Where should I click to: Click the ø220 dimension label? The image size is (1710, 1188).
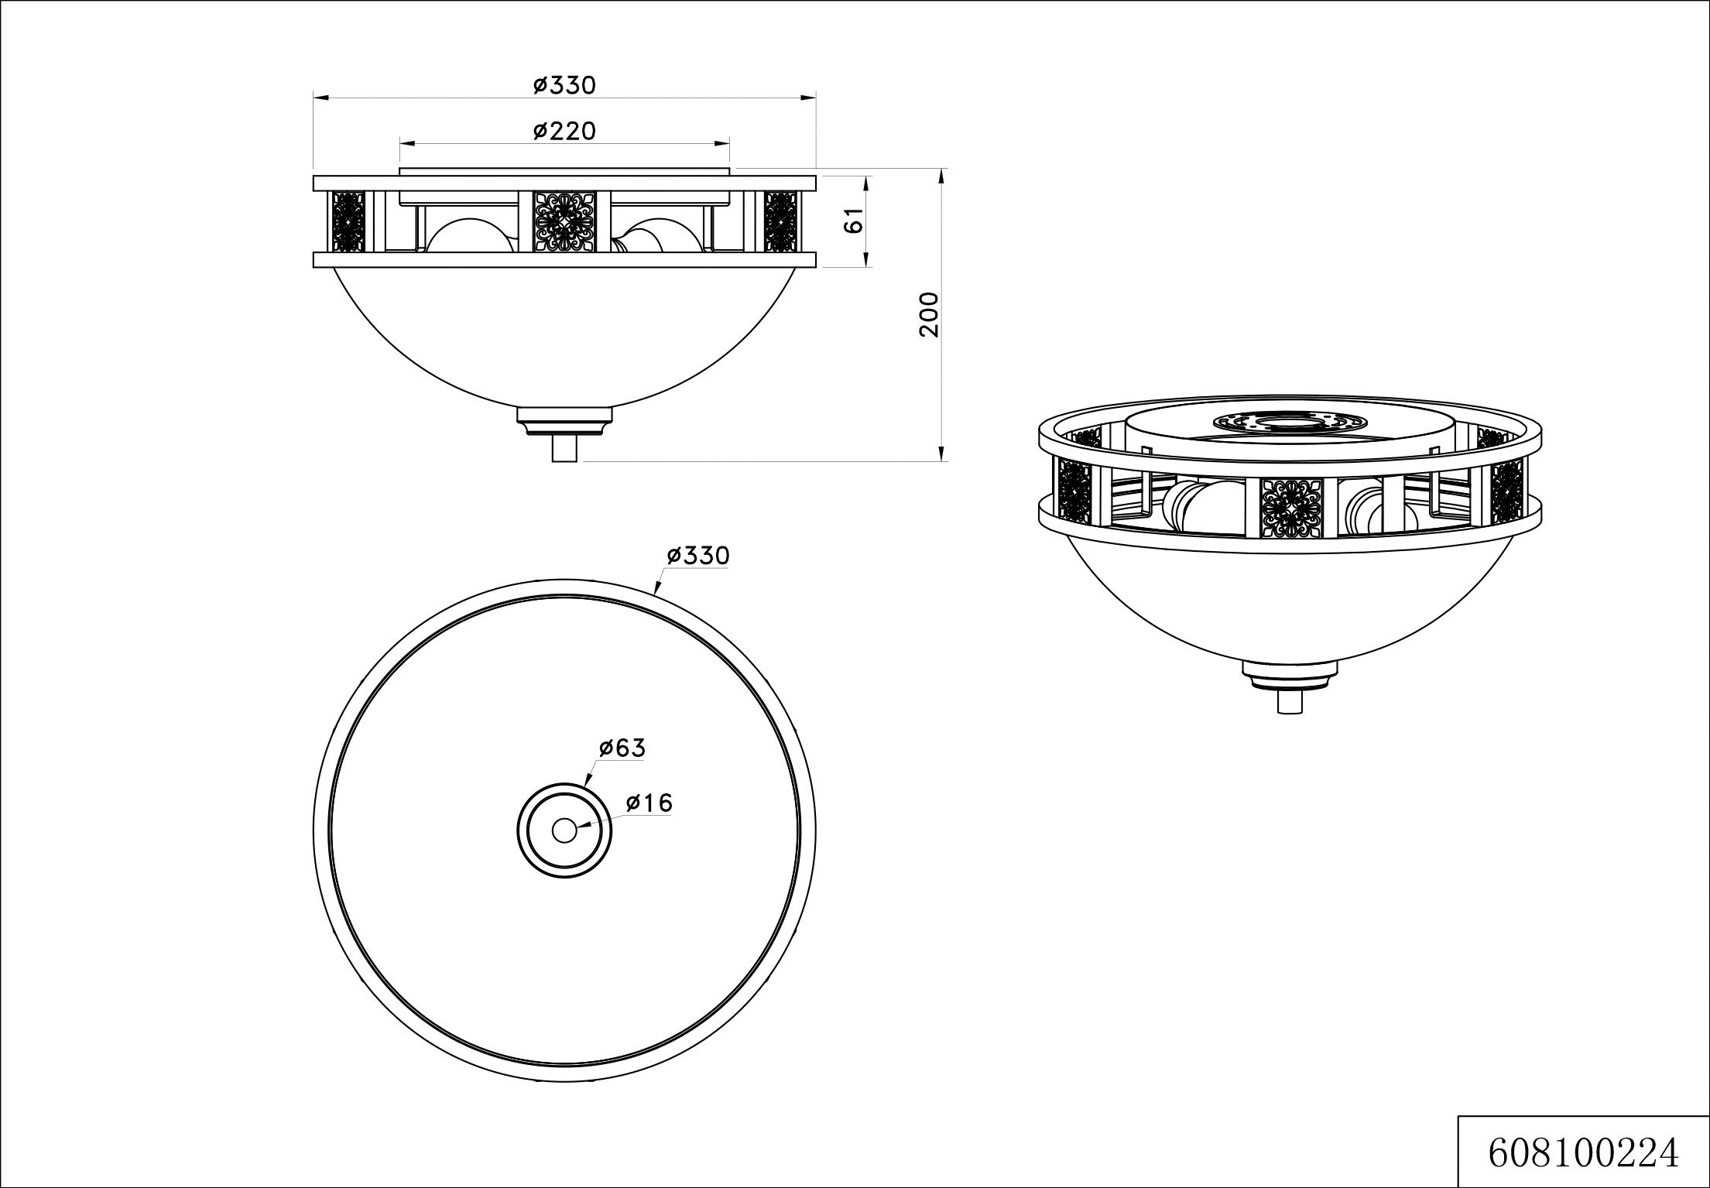point(564,132)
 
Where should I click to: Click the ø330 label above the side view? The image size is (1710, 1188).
point(564,85)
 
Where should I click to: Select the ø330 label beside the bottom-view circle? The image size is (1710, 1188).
point(698,556)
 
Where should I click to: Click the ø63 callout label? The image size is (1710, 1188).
point(622,748)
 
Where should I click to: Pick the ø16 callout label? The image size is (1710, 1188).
point(649,803)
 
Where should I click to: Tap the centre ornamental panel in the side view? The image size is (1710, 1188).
point(564,221)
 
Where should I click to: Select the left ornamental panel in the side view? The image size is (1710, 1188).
point(348,221)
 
